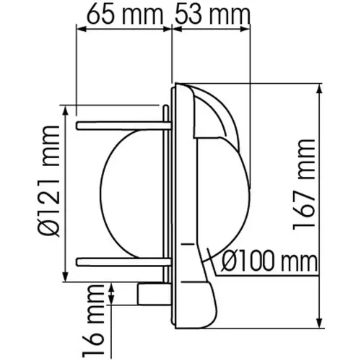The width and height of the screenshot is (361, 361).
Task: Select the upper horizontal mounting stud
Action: [120, 126]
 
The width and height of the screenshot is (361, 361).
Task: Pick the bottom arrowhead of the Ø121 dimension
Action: [67, 279]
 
